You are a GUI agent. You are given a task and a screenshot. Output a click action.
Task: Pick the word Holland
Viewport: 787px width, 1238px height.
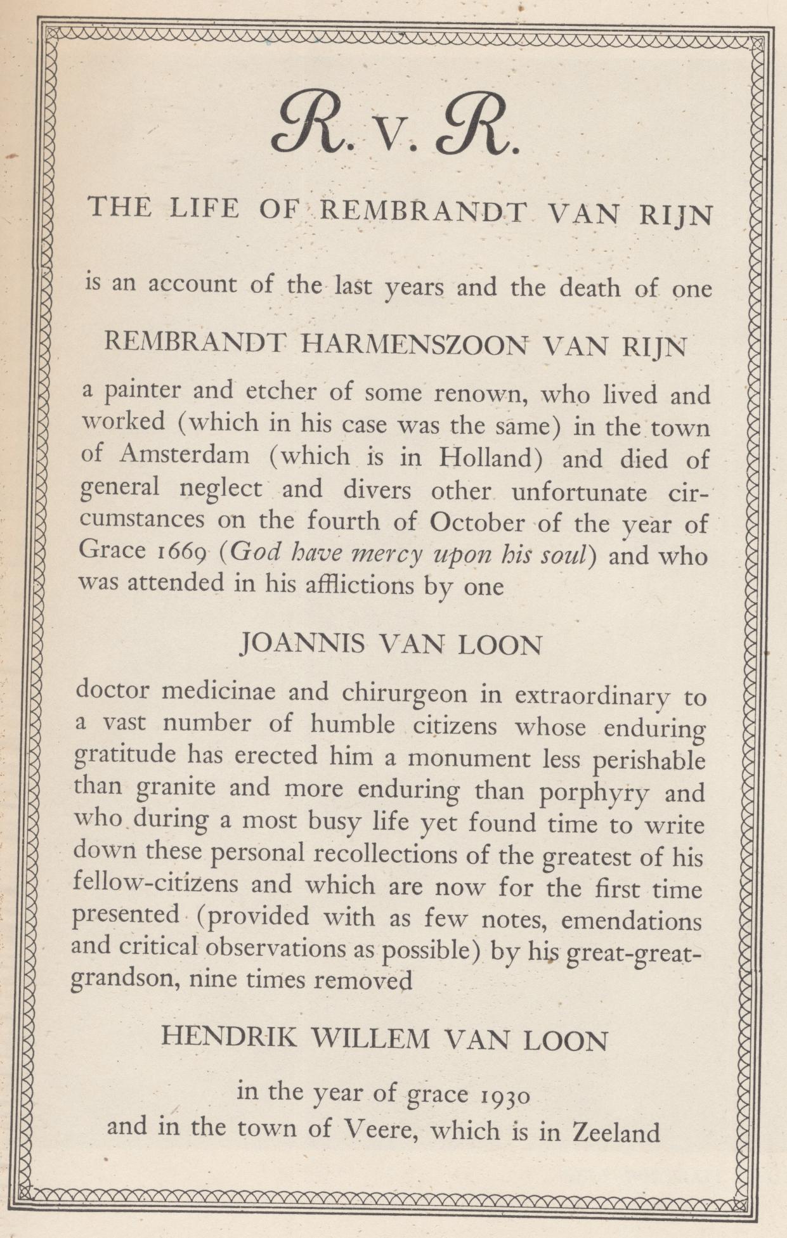491,458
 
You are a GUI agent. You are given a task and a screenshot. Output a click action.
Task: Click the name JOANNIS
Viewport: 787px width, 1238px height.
303,644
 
